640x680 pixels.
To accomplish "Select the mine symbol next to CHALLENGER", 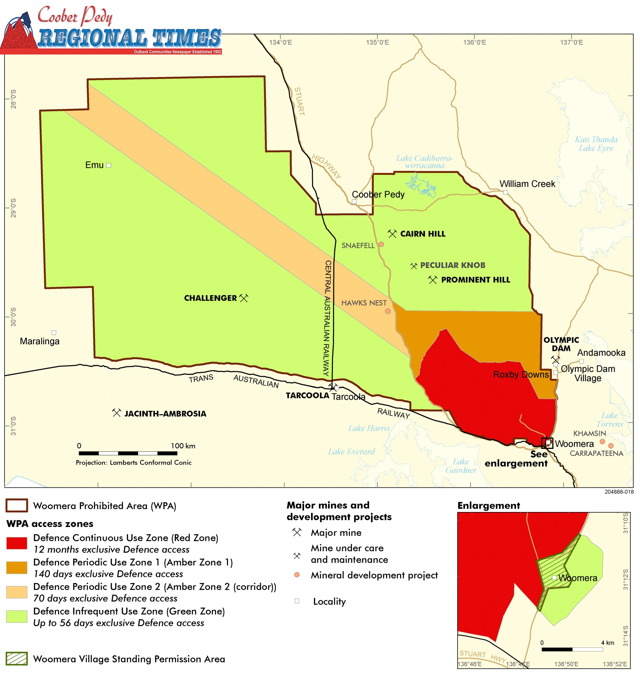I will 243,298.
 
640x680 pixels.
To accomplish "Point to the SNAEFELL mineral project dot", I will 381,244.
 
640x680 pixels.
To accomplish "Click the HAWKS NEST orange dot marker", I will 387,311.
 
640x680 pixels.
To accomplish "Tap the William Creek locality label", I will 527,184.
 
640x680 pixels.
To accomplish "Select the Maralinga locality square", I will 54,332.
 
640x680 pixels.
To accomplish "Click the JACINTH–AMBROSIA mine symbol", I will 116,413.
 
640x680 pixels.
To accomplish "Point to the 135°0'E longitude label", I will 377,42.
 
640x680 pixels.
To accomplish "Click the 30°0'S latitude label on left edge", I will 13,317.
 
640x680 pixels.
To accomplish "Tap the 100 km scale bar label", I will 183,446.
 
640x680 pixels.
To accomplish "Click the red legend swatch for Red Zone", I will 16,543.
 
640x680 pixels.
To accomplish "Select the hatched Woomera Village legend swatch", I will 16,658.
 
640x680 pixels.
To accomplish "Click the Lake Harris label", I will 369,428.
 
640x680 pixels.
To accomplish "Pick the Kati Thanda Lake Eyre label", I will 596,144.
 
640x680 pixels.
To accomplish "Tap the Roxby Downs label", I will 521,375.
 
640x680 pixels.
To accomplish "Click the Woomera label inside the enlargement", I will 578,578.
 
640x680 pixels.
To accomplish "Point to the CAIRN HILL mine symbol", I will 392,234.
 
